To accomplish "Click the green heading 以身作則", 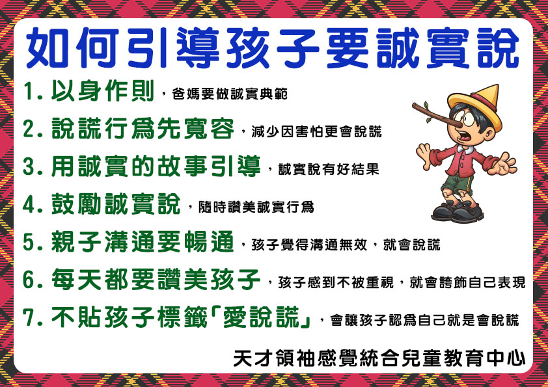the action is pos(103,91).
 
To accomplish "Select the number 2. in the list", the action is pos(33,129).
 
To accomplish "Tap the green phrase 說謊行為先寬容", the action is pos(143,129).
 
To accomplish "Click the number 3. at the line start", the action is pos(33,167).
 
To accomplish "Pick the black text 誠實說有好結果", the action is pos(329,169).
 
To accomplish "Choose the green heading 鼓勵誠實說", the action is pos(116,204).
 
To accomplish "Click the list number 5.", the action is pos(33,242).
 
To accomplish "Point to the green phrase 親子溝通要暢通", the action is pos(143,242).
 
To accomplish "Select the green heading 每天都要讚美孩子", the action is pos(156,280).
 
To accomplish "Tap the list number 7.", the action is pos(33,317).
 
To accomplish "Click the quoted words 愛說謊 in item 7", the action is pos(262,317).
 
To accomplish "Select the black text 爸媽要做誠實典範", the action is pos(230,94).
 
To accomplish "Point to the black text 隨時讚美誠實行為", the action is pos(256,207).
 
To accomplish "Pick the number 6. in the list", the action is pos(33,280).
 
